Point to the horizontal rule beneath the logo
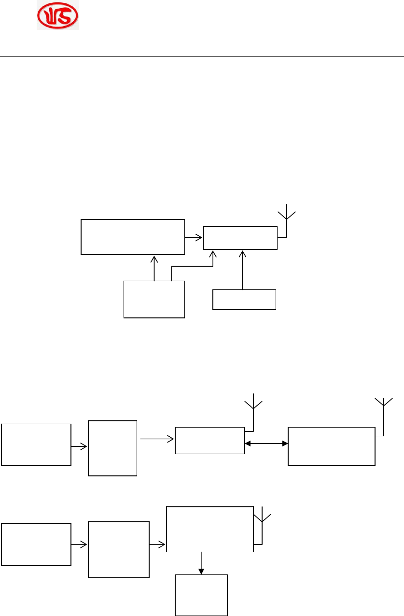(202, 57)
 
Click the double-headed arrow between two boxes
(266, 443)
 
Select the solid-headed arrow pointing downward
(201, 563)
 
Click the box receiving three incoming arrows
(240, 238)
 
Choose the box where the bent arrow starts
(154, 299)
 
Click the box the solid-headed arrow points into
(201, 595)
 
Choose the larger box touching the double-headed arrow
(331, 446)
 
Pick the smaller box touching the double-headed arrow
(209, 440)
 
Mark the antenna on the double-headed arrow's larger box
(384, 411)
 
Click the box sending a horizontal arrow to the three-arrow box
(133, 237)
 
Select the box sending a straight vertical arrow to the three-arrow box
(244, 299)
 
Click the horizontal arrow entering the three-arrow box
(194, 237)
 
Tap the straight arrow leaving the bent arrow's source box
(154, 268)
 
